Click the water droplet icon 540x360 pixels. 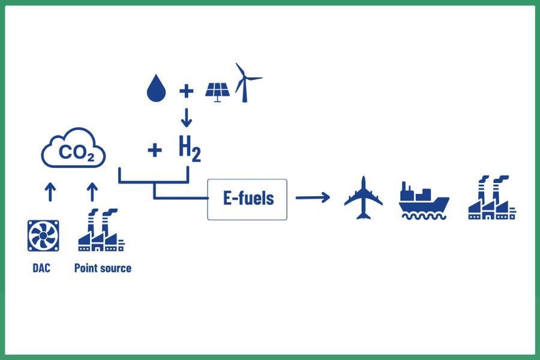[x=156, y=89]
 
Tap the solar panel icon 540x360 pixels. [x=217, y=91]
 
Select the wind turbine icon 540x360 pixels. [x=246, y=83]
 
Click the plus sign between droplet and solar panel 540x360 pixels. [x=187, y=91]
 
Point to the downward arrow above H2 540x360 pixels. [x=187, y=118]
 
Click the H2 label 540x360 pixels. [x=190, y=149]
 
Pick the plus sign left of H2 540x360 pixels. [x=155, y=150]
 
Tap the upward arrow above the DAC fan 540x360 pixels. [x=50, y=192]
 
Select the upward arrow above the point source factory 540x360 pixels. [x=92, y=192]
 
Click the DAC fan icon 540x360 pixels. [x=43, y=236]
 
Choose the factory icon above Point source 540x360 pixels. [x=100, y=231]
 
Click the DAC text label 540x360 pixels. [x=41, y=268]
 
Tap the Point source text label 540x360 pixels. [x=103, y=268]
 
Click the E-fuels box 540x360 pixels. [x=247, y=199]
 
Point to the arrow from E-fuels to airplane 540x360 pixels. [x=313, y=197]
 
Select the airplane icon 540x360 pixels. [x=363, y=197]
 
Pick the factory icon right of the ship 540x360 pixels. [x=491, y=198]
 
